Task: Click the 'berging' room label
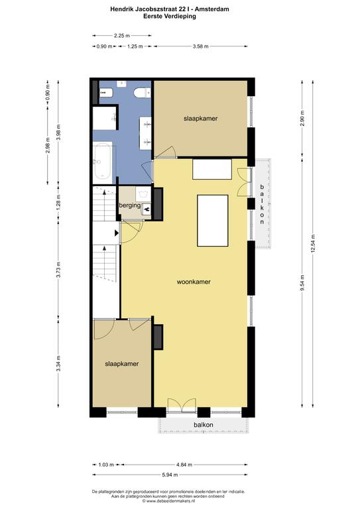click(x=130, y=205)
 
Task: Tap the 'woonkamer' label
click(x=194, y=282)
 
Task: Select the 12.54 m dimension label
click(x=313, y=243)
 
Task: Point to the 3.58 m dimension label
click(x=200, y=46)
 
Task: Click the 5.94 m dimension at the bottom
click(x=170, y=475)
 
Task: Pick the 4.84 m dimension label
click(x=184, y=465)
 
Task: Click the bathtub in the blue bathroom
click(x=103, y=161)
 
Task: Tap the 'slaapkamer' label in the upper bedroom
click(x=201, y=119)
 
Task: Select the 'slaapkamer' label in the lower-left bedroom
click(x=122, y=364)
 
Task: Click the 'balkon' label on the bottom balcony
click(x=204, y=425)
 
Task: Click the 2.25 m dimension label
click(x=122, y=36)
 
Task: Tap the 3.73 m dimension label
click(x=58, y=270)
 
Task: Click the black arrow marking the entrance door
click(x=117, y=233)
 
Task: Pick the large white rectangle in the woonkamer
click(x=213, y=221)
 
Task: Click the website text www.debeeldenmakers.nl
click(x=170, y=501)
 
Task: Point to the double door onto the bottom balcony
click(x=182, y=406)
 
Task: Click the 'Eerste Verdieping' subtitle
click(x=170, y=16)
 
